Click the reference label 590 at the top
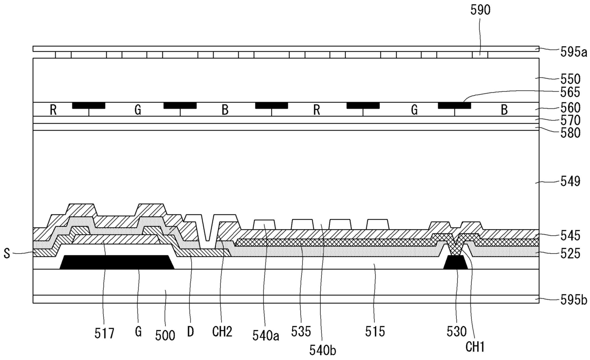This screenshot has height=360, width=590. (x=480, y=10)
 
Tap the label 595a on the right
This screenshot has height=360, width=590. (x=574, y=53)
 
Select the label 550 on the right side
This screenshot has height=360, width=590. (x=570, y=79)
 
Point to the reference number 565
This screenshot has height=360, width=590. (x=570, y=92)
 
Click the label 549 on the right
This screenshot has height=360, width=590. (x=570, y=181)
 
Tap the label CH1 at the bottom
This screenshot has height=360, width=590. (x=475, y=347)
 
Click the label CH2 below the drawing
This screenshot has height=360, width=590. (x=222, y=332)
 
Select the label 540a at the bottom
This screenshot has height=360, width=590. (x=265, y=336)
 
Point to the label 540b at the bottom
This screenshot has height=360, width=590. (x=323, y=350)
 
